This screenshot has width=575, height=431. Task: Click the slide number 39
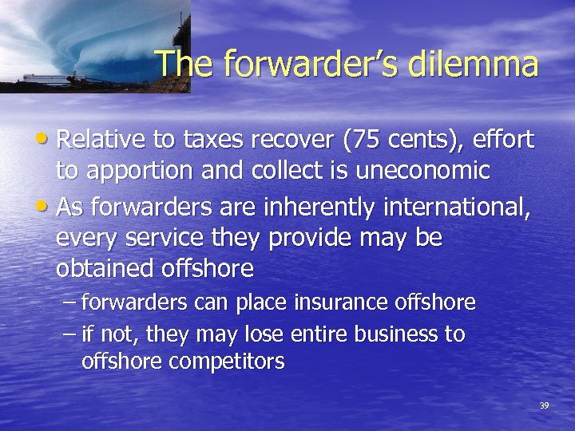point(544,405)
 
